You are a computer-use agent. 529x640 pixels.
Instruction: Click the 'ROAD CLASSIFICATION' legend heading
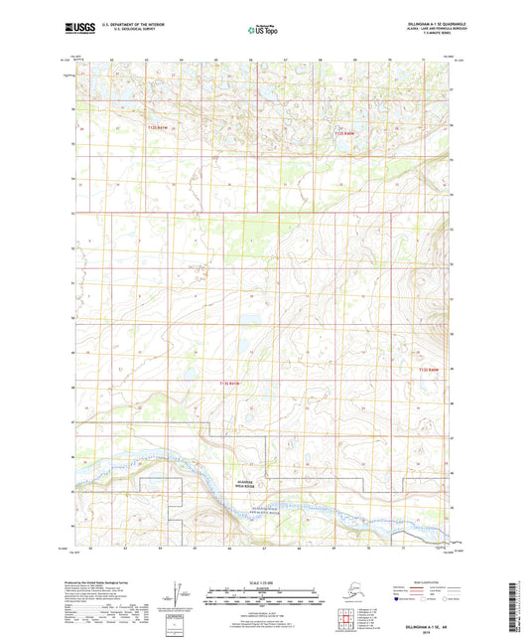point(418,579)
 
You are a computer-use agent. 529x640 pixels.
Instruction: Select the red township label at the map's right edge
point(429,371)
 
